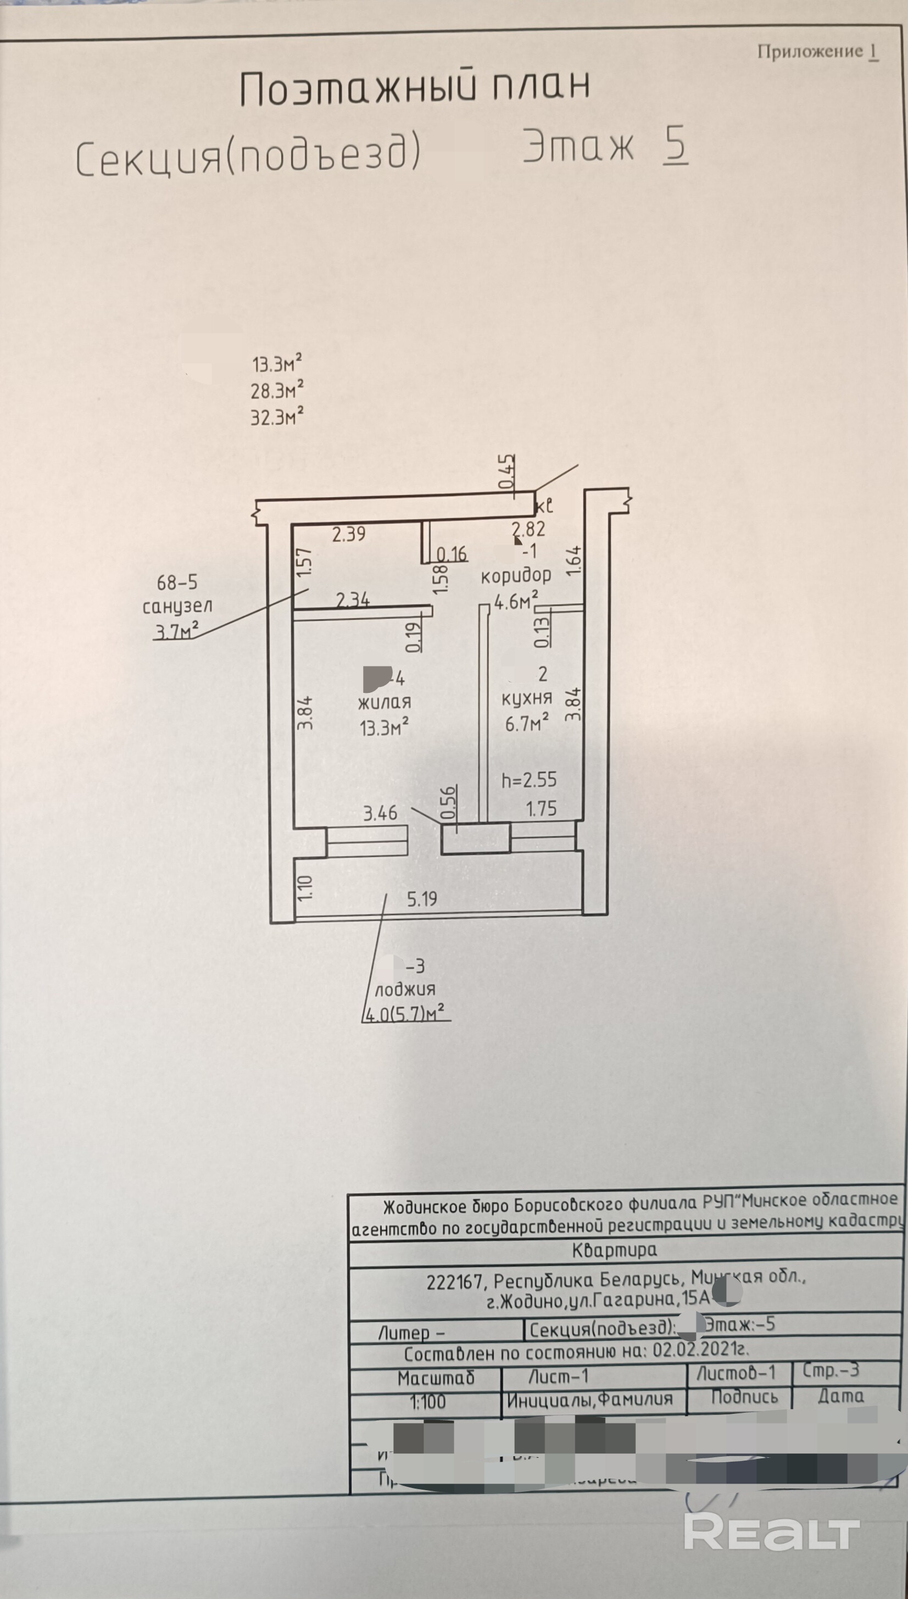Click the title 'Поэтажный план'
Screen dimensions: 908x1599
click(415, 87)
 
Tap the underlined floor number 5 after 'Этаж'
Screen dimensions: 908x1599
click(676, 145)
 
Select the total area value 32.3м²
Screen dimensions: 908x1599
click(277, 417)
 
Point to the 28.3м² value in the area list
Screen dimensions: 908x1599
click(277, 390)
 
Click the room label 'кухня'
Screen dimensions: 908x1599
click(526, 698)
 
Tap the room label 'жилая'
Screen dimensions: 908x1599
click(384, 702)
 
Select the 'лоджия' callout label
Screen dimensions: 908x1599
click(404, 989)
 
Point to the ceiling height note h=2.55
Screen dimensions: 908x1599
click(529, 780)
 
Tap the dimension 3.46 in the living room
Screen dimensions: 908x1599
click(380, 813)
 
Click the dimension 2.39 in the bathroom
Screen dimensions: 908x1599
click(349, 534)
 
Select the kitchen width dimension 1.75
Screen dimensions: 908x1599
click(541, 809)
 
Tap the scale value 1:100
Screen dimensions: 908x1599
click(428, 1402)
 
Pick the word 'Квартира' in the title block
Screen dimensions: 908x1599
click(614, 1249)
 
